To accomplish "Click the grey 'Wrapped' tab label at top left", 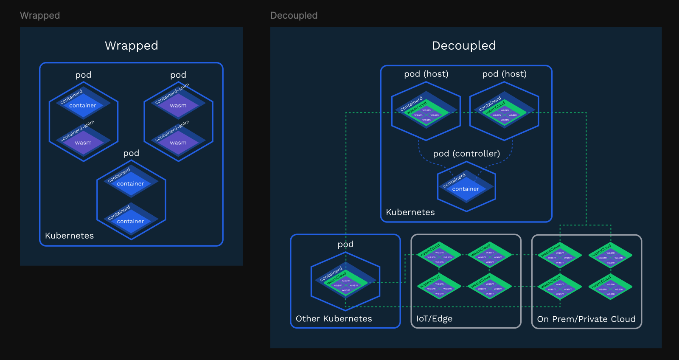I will [x=40, y=15].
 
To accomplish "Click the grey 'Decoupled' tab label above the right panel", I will [x=294, y=15].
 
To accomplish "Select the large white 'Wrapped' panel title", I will [x=131, y=45].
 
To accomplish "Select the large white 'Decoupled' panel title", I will [x=463, y=45].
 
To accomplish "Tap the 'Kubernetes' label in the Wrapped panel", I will [x=69, y=236].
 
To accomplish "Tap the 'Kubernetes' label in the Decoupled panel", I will [x=410, y=212].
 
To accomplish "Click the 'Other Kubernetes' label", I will [x=334, y=319].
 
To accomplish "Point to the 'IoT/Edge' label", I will [x=434, y=319].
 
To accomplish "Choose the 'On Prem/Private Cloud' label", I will [x=586, y=319].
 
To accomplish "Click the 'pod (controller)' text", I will [x=466, y=154].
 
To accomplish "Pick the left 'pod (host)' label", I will [x=426, y=74].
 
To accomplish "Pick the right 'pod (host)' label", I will [x=504, y=74].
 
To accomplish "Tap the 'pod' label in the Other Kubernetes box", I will [x=345, y=244].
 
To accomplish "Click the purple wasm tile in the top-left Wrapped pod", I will [x=83, y=143].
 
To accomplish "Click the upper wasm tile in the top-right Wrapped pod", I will [x=178, y=106].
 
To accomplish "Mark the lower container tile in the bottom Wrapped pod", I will [x=130, y=222].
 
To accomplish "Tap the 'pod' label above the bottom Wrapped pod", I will [x=131, y=153].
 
